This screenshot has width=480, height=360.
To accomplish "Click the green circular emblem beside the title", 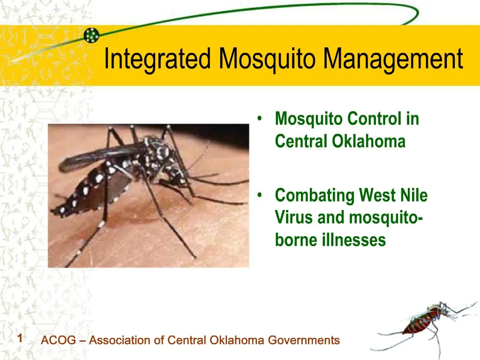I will coord(91,34).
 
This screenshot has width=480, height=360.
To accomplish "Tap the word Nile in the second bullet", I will coord(412,195).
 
